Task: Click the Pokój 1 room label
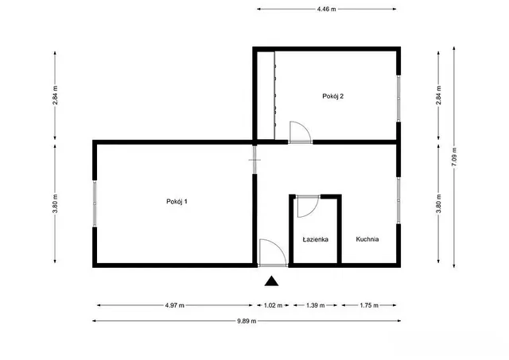(x=177, y=201)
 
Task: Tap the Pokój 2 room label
(x=333, y=96)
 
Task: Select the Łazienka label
(x=315, y=239)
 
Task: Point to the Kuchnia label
(x=367, y=239)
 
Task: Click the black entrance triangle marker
(x=271, y=281)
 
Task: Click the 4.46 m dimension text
(x=327, y=9)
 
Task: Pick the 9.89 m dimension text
(x=247, y=321)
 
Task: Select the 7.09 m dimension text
(x=454, y=157)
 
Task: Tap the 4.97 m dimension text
(x=175, y=305)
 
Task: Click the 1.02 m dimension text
(x=274, y=305)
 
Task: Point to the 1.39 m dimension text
(x=316, y=305)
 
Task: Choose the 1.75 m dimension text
(x=369, y=305)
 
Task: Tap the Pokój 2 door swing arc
(x=305, y=127)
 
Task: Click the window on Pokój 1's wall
(x=95, y=203)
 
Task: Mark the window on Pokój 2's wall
(x=398, y=99)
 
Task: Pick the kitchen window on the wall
(x=398, y=201)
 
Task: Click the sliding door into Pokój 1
(x=254, y=160)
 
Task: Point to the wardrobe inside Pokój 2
(x=266, y=95)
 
